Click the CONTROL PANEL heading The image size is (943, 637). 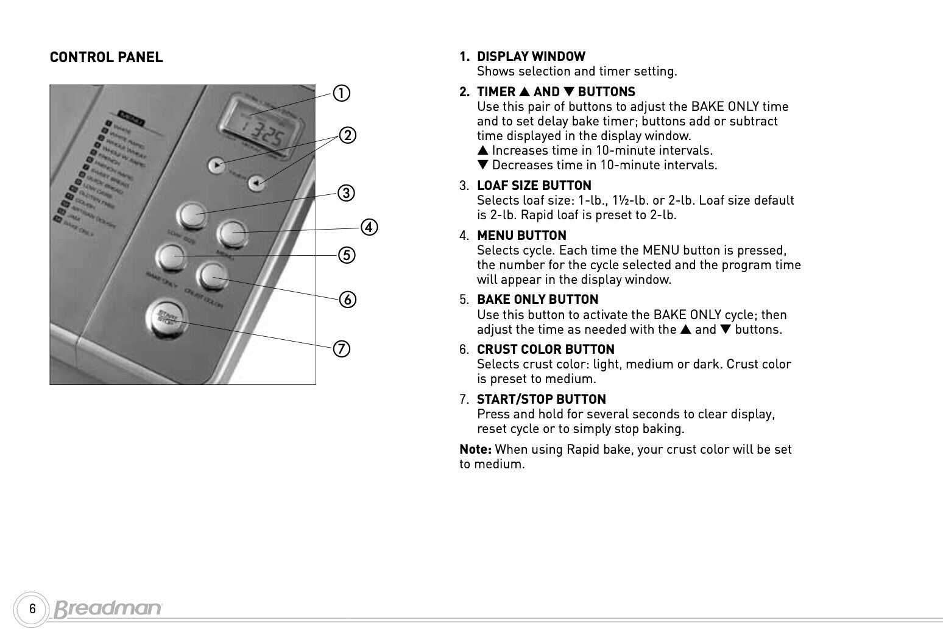click(106, 57)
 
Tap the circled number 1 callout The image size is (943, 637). click(341, 93)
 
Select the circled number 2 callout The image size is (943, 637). click(347, 135)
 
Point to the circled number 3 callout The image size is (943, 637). click(346, 193)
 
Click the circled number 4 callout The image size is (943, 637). click(369, 227)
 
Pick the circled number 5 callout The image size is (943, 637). click(346, 255)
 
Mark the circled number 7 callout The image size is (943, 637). click(341, 348)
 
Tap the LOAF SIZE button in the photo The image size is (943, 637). click(191, 215)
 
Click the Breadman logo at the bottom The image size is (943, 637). click(108, 608)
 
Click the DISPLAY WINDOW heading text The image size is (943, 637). click(531, 57)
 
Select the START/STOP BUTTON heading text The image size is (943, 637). click(541, 399)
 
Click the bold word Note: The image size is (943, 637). click(475, 449)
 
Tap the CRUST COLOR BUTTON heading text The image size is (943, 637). click(545, 350)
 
